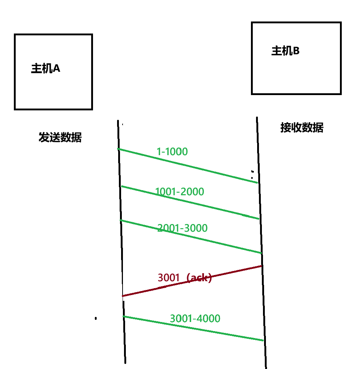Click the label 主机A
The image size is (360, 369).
(46, 68)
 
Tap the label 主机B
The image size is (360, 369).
(285, 51)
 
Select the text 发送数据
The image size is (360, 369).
(60, 137)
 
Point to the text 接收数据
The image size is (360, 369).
(302, 128)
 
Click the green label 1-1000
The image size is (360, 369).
(172, 152)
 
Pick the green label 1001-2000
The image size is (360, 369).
(179, 192)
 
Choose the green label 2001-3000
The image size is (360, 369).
(182, 228)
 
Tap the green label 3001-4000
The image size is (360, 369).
(195, 319)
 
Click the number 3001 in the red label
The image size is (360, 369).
(169, 278)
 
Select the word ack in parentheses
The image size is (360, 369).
(199, 278)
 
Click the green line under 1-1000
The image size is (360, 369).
(219, 173)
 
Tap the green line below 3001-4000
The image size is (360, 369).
(226, 334)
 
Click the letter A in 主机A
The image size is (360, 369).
(57, 68)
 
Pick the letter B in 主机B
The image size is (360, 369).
(296, 51)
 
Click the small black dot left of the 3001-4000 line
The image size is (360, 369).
(96, 318)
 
